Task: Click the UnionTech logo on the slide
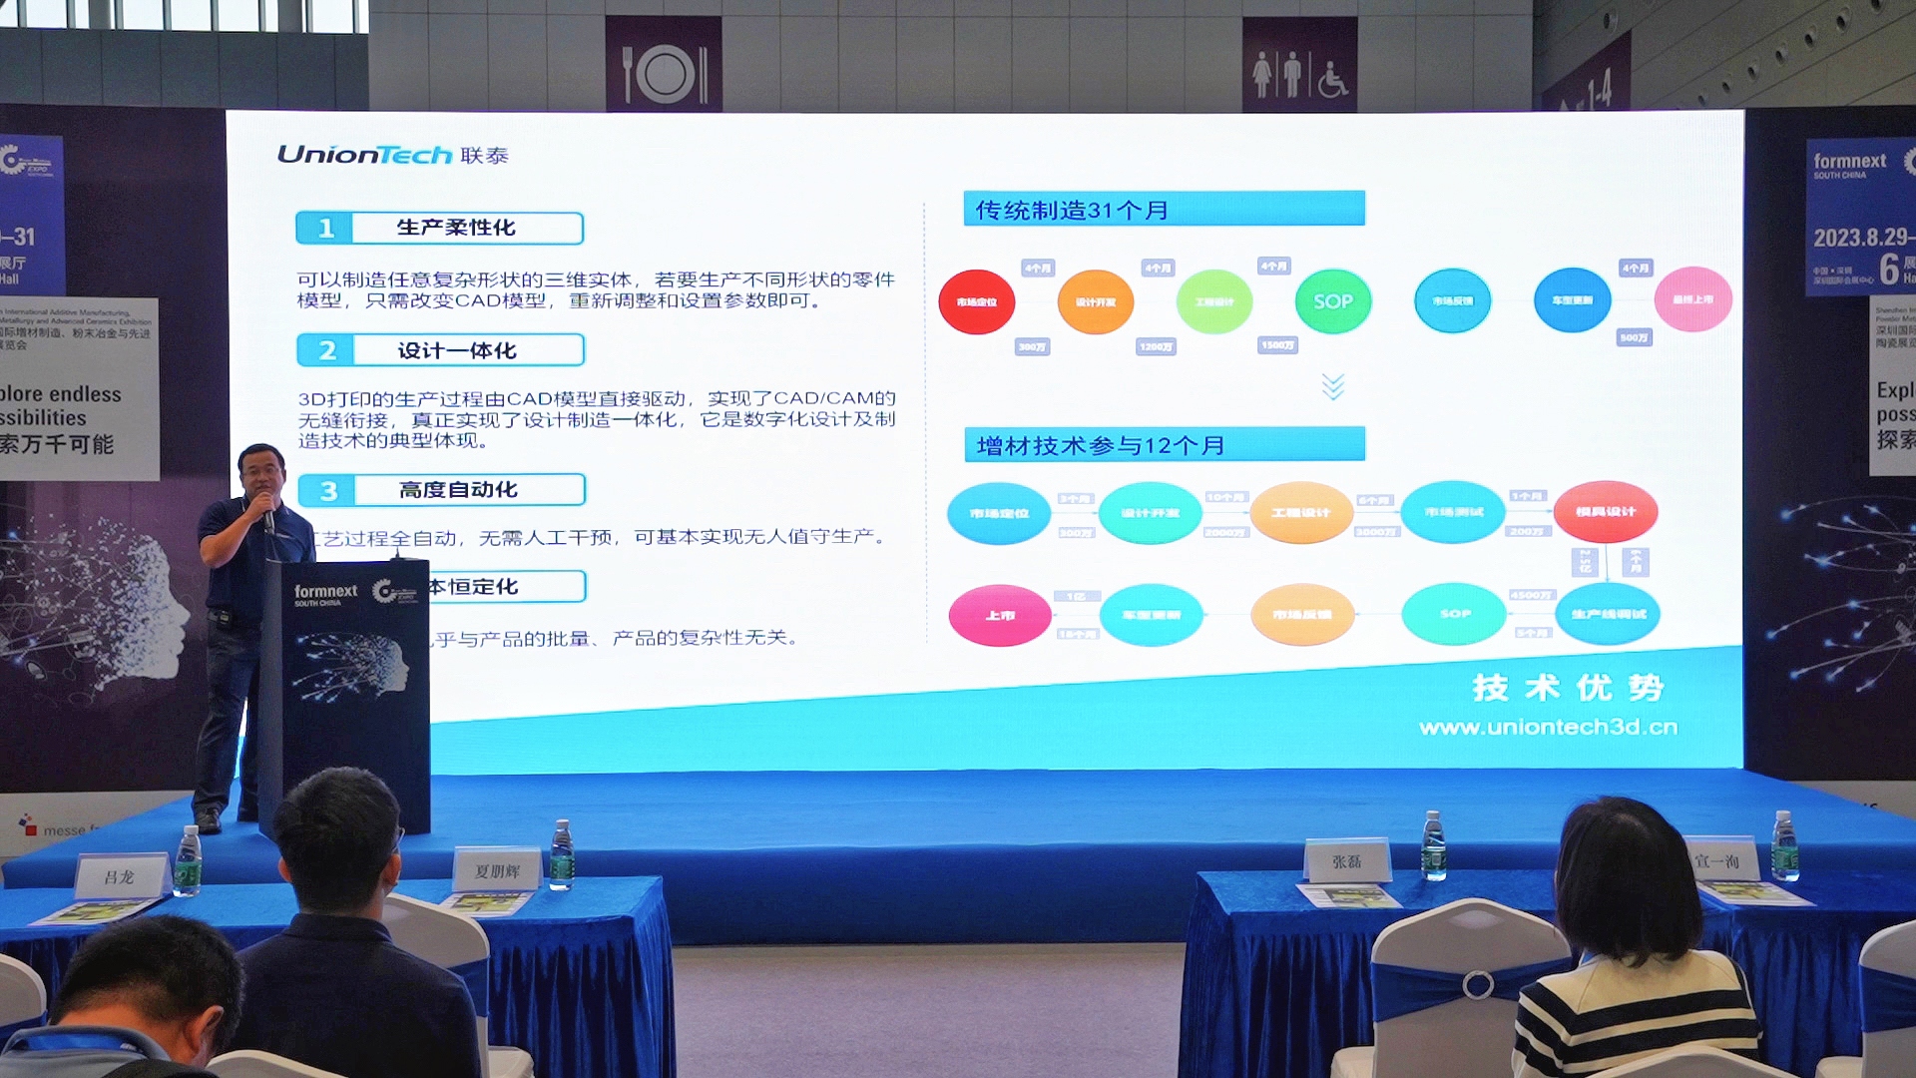(392, 155)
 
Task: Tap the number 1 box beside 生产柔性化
(325, 228)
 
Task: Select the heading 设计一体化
(457, 350)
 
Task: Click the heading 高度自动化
(458, 490)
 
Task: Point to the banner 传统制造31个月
(1164, 210)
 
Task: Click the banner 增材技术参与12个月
(1164, 445)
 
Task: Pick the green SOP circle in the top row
(1333, 301)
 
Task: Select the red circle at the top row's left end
(976, 301)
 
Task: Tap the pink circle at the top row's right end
(1692, 299)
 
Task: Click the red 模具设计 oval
(1605, 512)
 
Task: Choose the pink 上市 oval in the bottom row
(1000, 616)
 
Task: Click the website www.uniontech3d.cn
(1548, 728)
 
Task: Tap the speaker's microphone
(267, 516)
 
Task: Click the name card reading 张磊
(1347, 861)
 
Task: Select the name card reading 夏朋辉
(497, 870)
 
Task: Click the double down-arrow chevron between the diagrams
(1333, 386)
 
